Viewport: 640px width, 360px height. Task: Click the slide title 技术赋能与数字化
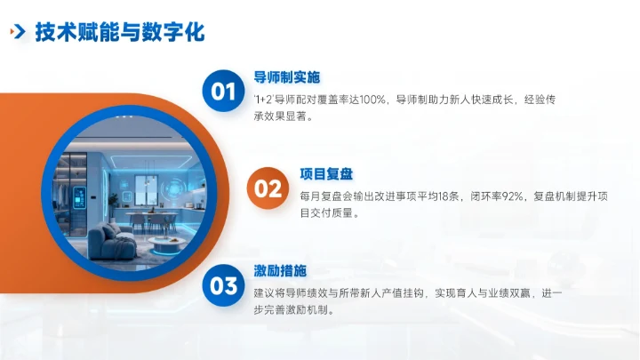[120, 33]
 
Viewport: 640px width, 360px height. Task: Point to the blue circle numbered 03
[223, 285]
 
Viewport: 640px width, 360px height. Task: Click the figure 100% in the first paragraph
[368, 100]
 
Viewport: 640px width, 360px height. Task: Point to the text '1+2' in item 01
[262, 100]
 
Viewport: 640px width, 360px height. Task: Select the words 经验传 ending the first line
[541, 100]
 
